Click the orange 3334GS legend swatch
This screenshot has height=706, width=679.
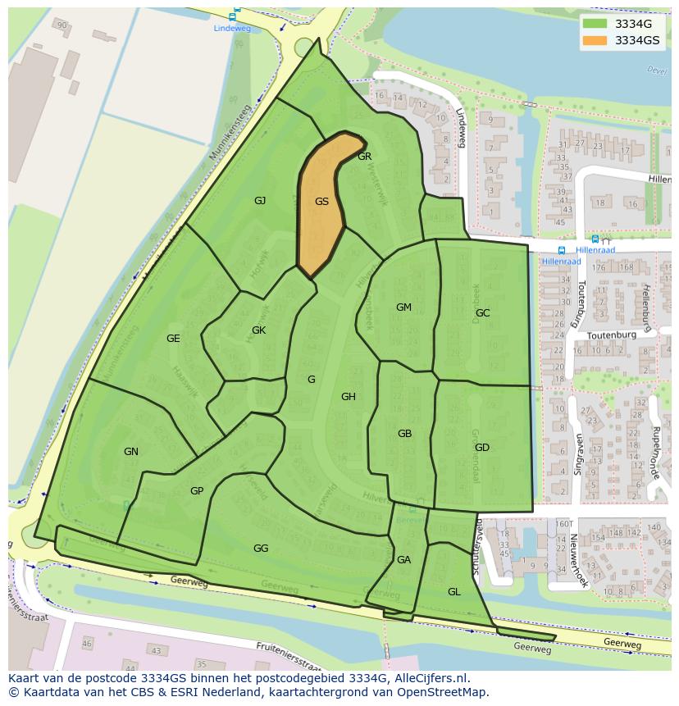coord(595,40)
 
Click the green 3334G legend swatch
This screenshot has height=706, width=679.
coord(595,24)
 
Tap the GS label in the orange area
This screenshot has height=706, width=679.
coord(321,202)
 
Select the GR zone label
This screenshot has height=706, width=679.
coord(365,157)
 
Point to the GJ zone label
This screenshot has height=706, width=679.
coord(260,200)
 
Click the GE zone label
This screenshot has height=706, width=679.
coord(173,339)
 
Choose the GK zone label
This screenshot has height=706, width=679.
coord(258,330)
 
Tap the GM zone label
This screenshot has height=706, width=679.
coord(403,307)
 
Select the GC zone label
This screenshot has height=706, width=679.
coord(482,313)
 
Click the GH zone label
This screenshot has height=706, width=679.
coord(349,397)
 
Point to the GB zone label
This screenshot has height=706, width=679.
coord(404,434)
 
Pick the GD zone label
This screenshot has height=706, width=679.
coord(482,448)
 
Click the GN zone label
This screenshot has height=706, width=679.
coord(131,452)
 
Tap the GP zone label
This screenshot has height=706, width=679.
coord(197,491)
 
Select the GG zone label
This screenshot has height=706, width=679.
coord(261,549)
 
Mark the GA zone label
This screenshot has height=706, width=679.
coord(403,560)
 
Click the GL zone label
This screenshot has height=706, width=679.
coord(453,591)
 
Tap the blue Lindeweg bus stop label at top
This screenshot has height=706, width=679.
coord(231,28)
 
